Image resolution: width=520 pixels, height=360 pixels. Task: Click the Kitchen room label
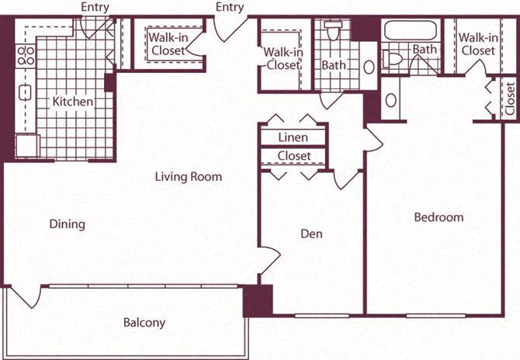(73, 102)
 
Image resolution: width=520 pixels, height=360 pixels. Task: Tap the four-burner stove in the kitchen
(26, 55)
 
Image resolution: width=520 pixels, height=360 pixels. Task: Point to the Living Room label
(188, 177)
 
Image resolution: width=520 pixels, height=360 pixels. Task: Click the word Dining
(67, 224)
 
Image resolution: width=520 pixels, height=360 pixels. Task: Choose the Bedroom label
(438, 217)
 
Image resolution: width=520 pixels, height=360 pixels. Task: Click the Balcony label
(144, 323)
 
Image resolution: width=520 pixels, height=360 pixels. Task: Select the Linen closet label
(293, 137)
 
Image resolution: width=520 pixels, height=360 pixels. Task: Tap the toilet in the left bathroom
(334, 31)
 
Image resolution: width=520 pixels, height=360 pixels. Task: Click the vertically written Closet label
(510, 99)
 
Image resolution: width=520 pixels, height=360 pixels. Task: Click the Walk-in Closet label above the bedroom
(477, 44)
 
